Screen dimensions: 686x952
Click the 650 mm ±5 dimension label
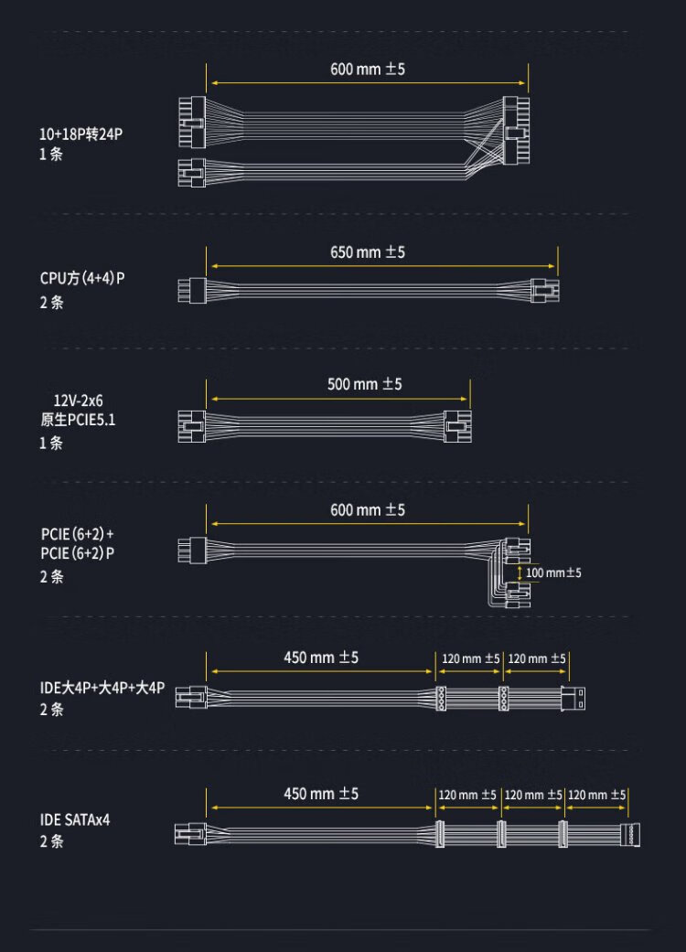[368, 252]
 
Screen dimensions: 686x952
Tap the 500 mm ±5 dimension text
[364, 384]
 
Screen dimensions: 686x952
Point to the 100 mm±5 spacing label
[553, 572]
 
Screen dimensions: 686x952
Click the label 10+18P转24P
[80, 134]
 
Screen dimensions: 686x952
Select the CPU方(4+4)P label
[82, 279]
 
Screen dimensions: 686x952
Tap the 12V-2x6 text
[79, 401]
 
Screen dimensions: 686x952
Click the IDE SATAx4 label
[75, 819]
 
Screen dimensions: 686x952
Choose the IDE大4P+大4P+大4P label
[102, 688]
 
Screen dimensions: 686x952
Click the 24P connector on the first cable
[516, 130]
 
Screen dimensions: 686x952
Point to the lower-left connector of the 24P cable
[192, 173]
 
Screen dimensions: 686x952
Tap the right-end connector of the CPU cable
[544, 290]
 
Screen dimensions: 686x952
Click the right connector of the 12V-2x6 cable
[457, 426]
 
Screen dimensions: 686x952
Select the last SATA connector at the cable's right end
[630, 834]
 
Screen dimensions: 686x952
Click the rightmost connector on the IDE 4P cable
[573, 698]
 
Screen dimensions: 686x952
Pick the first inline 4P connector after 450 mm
[441, 698]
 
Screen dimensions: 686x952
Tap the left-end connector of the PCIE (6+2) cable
[192, 550]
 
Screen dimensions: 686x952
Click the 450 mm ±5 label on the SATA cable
[321, 794]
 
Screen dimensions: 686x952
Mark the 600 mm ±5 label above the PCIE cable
[368, 510]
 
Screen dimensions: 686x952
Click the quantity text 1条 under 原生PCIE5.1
[51, 443]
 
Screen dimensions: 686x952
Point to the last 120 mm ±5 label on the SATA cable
[596, 795]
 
